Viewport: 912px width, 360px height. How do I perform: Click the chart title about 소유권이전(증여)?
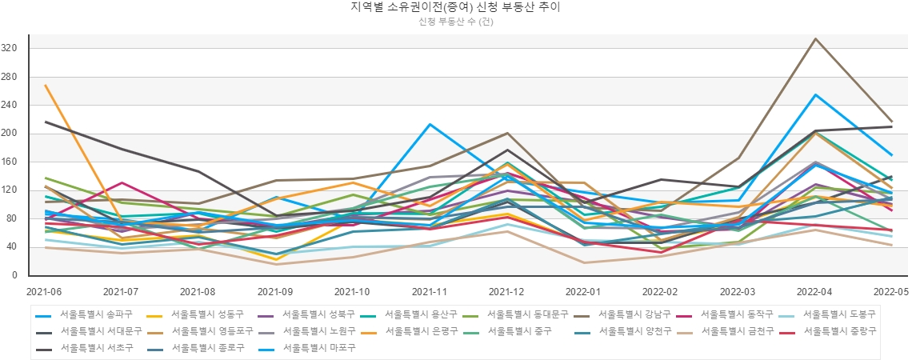pyautogui.click(x=455, y=8)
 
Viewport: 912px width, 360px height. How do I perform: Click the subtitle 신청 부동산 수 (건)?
pyautogui.click(x=455, y=22)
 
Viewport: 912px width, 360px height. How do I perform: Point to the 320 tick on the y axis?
pyautogui.click(x=10, y=49)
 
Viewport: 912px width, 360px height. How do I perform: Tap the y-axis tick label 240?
pyautogui.click(x=10, y=106)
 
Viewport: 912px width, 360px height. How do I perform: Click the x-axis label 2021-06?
pyautogui.click(x=44, y=293)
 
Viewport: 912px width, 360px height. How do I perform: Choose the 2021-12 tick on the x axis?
pyautogui.click(x=507, y=293)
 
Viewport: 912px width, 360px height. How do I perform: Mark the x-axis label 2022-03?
pyautogui.click(x=738, y=293)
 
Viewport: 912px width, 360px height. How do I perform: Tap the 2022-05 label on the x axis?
pyautogui.click(x=890, y=293)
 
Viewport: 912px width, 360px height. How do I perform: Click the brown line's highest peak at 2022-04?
pyautogui.click(x=815, y=38)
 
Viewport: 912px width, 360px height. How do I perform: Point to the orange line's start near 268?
pyautogui.click(x=46, y=85)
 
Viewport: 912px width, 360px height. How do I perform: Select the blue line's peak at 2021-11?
pyautogui.click(x=430, y=124)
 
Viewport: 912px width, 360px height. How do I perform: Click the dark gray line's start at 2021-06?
pyautogui.click(x=46, y=122)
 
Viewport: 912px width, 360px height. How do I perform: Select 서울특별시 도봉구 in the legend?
pyautogui.click(x=839, y=314)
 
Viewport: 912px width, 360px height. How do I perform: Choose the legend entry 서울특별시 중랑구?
pyautogui.click(x=839, y=330)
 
